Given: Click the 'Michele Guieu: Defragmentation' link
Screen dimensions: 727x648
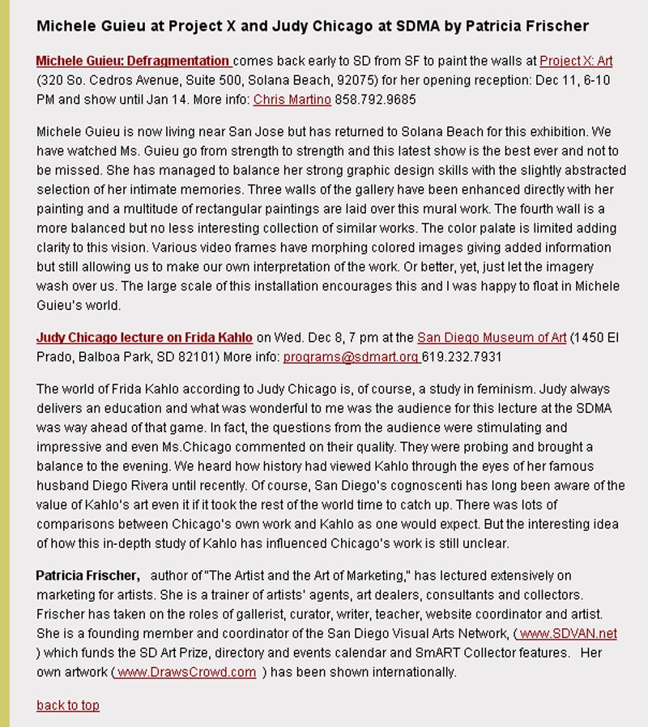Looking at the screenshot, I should [x=134, y=61].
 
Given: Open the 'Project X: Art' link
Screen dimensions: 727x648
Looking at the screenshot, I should [x=576, y=61].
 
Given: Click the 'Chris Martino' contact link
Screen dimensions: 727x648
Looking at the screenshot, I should [x=292, y=100].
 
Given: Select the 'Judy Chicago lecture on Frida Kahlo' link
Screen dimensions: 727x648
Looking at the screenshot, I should [x=144, y=338].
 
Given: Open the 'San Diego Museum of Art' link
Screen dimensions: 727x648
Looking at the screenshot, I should [x=492, y=338].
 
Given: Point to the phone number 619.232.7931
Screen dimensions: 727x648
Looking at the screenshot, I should [x=456, y=357].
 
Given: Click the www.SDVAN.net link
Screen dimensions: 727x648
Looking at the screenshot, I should [x=568, y=633].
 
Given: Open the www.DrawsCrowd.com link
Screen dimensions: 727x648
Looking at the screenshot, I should [x=187, y=672].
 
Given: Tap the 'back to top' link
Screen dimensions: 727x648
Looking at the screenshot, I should [x=68, y=705].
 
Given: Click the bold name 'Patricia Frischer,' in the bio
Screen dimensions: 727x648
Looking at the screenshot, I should [x=88, y=576].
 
